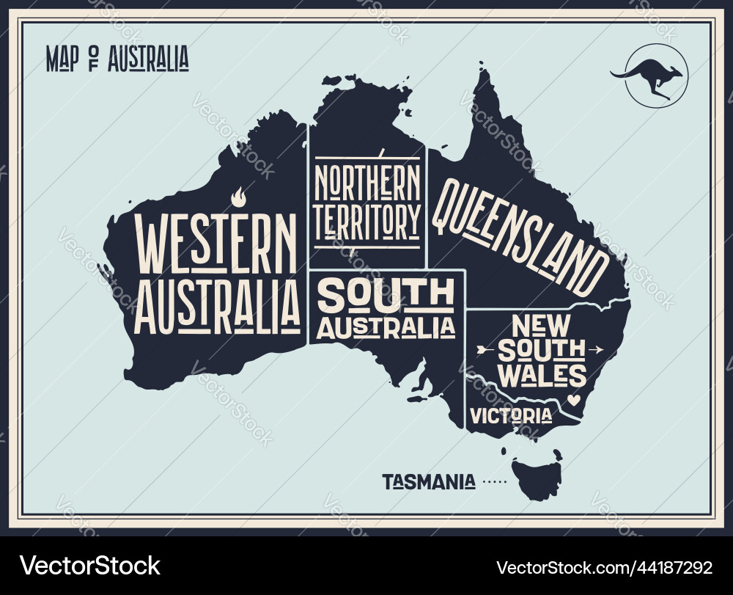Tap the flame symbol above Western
pyautogui.click(x=237, y=197)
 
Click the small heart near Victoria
pyautogui.click(x=574, y=401)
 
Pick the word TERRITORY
pyautogui.click(x=367, y=219)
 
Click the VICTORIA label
pyautogui.click(x=511, y=416)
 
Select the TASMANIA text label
pyautogui.click(x=429, y=482)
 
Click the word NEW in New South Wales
pyautogui.click(x=541, y=324)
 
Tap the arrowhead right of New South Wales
pyautogui.click(x=597, y=349)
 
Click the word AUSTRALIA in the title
pyautogui.click(x=148, y=59)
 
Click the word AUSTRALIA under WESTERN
pyautogui.click(x=218, y=302)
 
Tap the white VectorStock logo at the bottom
pyautogui.click(x=90, y=566)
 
